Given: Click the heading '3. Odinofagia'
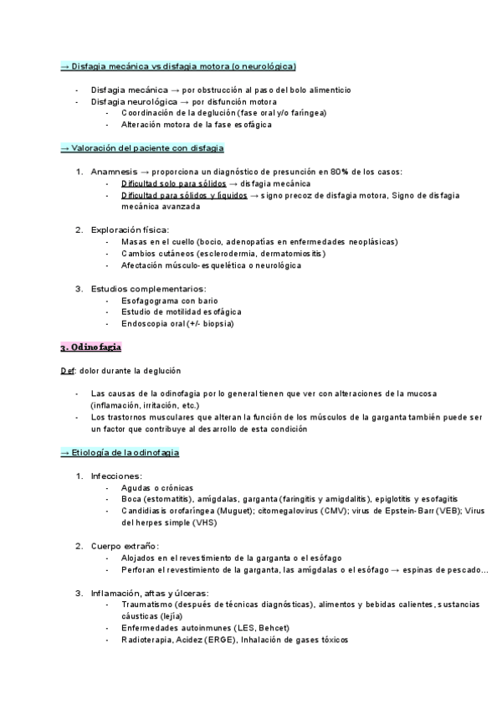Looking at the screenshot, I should click(91, 346).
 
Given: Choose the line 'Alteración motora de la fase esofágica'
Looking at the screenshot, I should click(197, 125).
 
